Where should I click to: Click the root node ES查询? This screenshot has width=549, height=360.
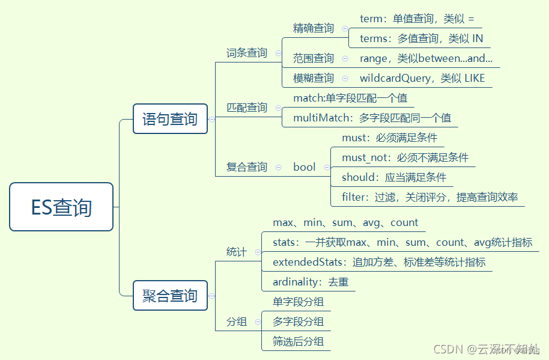(x=61, y=207)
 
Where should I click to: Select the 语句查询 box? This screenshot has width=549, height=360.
(x=170, y=118)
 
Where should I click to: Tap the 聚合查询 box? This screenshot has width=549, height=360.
(x=170, y=296)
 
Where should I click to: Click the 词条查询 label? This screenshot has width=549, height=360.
(x=247, y=53)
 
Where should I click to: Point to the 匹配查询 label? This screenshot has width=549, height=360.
(x=247, y=108)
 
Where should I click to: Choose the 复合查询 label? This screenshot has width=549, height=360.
(x=247, y=167)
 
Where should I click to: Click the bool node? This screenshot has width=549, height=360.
(x=304, y=167)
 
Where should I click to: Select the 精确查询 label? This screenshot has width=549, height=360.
(x=314, y=28)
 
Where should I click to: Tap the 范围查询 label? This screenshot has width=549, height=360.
(x=314, y=58)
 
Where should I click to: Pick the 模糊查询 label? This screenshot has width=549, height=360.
(x=314, y=78)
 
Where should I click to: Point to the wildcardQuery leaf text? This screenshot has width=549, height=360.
(x=422, y=78)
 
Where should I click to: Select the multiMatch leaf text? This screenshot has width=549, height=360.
(x=372, y=118)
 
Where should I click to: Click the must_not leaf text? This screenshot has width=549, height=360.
(x=405, y=157)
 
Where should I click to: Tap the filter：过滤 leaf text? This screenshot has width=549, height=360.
(x=430, y=197)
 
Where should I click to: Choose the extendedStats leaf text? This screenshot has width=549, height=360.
(x=379, y=262)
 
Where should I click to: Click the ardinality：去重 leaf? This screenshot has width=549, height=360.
(x=311, y=282)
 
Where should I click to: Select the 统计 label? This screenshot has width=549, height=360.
(x=237, y=252)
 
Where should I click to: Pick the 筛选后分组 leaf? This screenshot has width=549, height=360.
(x=298, y=341)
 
